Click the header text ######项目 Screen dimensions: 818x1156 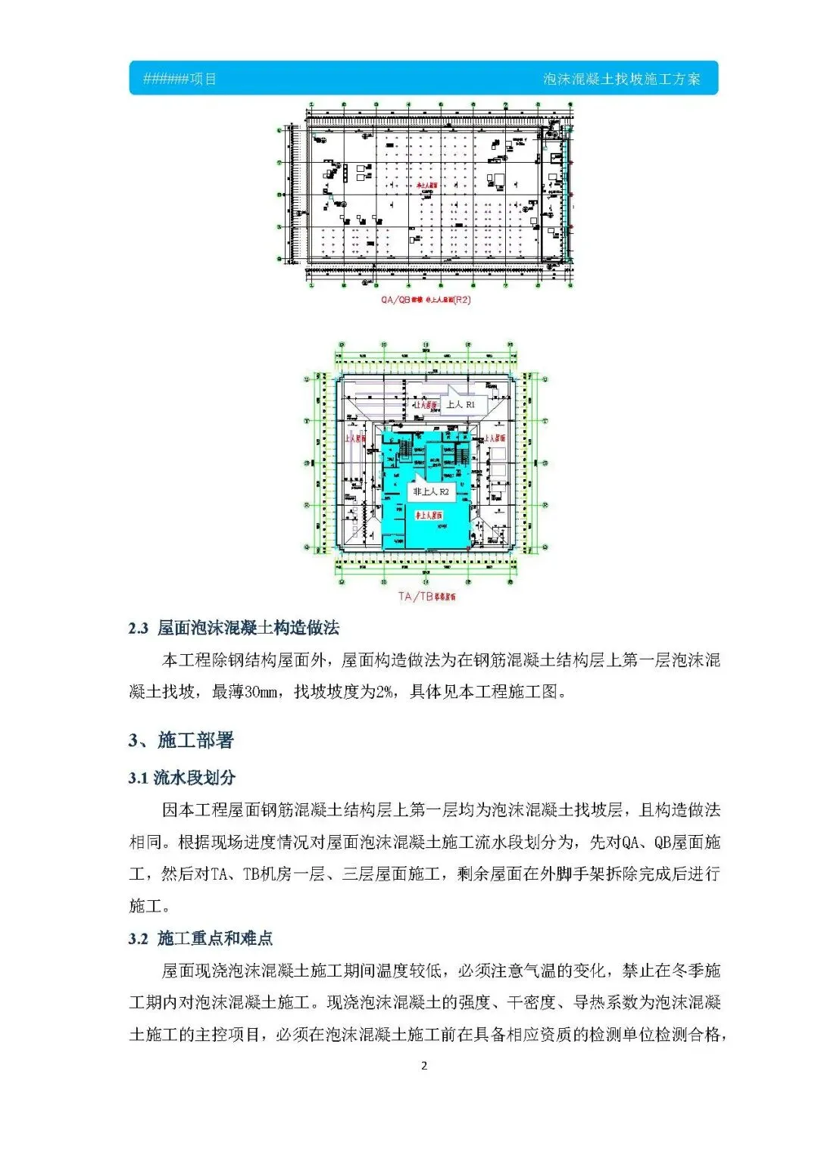coord(180,79)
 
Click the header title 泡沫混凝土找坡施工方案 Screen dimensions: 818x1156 coord(621,79)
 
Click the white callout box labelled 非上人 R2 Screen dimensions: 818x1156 coord(430,492)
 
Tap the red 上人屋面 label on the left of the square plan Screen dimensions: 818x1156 coord(355,438)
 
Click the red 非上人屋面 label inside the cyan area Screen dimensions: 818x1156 coord(429,516)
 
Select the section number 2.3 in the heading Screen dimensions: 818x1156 coord(138,628)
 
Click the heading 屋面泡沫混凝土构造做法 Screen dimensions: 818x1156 coord(248,628)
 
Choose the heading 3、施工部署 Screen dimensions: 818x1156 coord(181,740)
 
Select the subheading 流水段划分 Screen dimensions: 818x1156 coord(195,777)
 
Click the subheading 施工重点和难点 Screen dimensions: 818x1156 coord(215,939)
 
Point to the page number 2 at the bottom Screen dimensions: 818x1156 coord(424,1066)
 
